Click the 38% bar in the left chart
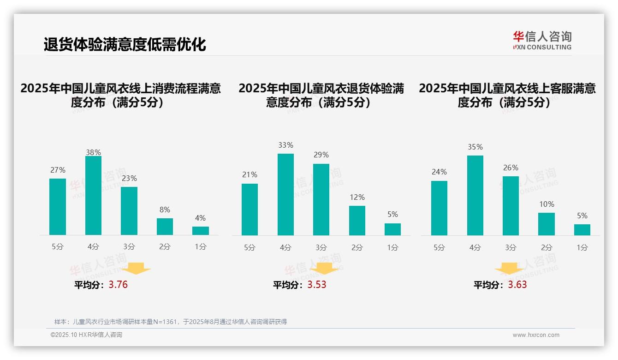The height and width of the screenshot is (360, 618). point(93,196)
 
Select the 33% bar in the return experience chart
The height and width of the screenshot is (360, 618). point(285,194)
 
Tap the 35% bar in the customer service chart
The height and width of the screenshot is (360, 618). point(475,195)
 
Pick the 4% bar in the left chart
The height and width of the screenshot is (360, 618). point(201,231)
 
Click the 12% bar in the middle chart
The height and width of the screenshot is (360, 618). point(357,221)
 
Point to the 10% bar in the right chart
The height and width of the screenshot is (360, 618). point(547,224)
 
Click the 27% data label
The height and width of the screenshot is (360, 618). point(58,170)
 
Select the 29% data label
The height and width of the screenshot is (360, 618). point(321,155)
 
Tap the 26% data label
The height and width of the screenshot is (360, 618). point(511,168)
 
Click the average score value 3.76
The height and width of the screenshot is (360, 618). point(118,285)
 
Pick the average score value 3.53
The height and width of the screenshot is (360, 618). point(317,285)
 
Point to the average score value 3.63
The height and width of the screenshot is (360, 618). point(517,285)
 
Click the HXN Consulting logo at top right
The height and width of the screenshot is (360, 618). point(542,41)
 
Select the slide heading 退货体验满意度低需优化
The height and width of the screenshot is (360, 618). point(125,45)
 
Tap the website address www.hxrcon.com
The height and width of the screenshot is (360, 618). point(536,335)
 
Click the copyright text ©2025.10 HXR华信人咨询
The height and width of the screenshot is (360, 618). point(86,335)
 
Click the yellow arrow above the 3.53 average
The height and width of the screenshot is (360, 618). point(324,268)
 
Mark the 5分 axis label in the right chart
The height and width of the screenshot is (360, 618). point(439,248)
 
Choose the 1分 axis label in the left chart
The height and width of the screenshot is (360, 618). point(201,247)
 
